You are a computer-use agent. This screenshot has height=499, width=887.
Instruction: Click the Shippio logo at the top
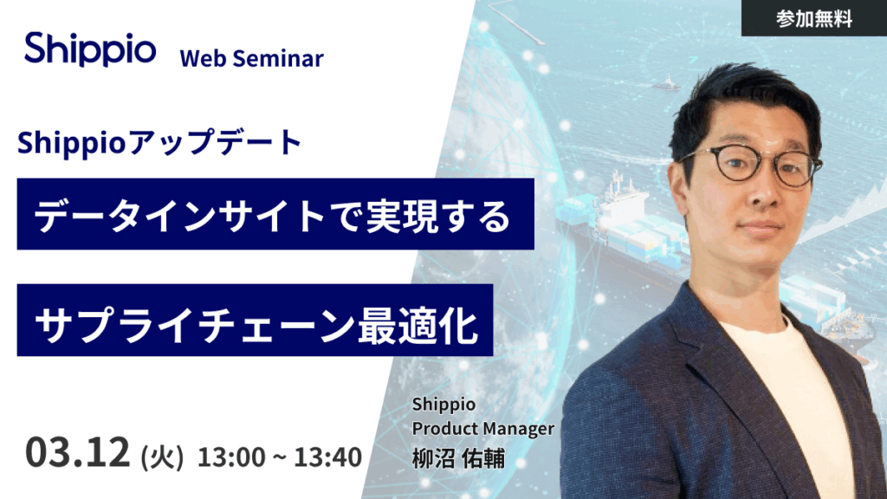pyautogui.click(x=90, y=49)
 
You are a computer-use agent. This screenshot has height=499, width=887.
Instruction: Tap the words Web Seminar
pyautogui.click(x=251, y=58)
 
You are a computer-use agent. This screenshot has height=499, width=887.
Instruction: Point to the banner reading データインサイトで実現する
pyautogui.click(x=275, y=214)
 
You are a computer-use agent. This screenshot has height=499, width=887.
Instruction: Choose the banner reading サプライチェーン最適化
pyautogui.click(x=255, y=320)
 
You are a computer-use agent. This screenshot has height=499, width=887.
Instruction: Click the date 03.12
pyautogui.click(x=78, y=451)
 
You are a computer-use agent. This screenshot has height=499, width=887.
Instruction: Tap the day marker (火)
pyautogui.click(x=162, y=455)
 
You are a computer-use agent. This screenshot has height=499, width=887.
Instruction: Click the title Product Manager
pyautogui.click(x=482, y=428)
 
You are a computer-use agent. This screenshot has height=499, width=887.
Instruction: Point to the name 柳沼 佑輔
pyautogui.click(x=458, y=457)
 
